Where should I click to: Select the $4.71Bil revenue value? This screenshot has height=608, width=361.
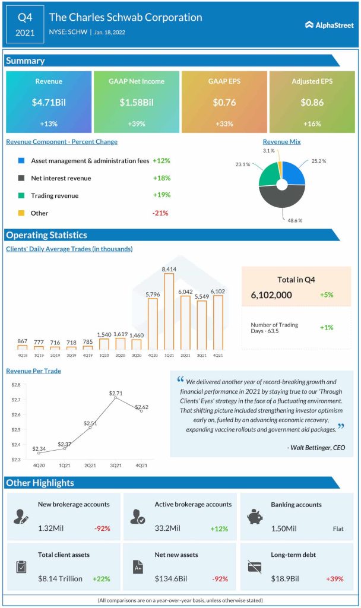[49, 103]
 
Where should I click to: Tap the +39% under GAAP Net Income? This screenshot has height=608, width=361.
[137, 124]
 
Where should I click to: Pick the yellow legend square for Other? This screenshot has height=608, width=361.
[21, 213]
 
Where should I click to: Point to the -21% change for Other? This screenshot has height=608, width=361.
[161, 213]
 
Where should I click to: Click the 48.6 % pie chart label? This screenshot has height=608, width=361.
[296, 220]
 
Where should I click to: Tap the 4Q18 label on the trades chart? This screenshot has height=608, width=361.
[22, 355]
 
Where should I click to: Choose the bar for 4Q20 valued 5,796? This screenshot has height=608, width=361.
[153, 324]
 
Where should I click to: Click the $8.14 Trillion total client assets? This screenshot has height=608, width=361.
[60, 578]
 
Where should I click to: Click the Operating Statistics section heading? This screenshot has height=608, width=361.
[46, 235]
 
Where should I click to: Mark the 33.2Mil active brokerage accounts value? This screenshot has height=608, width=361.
[169, 528]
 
